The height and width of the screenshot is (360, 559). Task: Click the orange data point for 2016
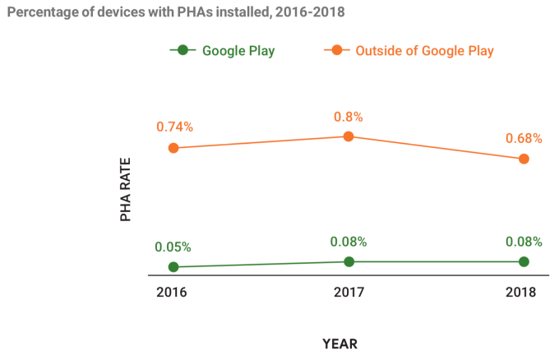click(x=173, y=148)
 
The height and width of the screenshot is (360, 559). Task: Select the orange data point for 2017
click(x=349, y=136)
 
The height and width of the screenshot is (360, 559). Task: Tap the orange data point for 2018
click(x=524, y=159)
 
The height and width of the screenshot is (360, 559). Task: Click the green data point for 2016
click(x=173, y=267)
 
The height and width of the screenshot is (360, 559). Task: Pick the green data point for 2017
click(x=349, y=261)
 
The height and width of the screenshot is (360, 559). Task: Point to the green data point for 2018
click(x=524, y=261)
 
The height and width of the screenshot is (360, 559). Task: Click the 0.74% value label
click(x=175, y=127)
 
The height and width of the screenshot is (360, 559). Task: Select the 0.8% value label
click(x=349, y=116)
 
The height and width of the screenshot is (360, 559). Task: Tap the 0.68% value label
click(x=523, y=138)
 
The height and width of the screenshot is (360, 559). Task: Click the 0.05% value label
click(x=173, y=247)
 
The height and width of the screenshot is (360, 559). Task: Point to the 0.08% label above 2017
click(x=349, y=242)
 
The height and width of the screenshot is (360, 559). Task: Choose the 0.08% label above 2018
click(x=524, y=242)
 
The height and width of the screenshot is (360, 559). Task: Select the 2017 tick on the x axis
click(x=349, y=293)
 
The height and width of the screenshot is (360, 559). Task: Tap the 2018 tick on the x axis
click(x=521, y=293)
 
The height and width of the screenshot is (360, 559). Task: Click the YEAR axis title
click(x=340, y=343)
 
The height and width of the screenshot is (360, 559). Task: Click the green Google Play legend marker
click(x=182, y=50)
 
